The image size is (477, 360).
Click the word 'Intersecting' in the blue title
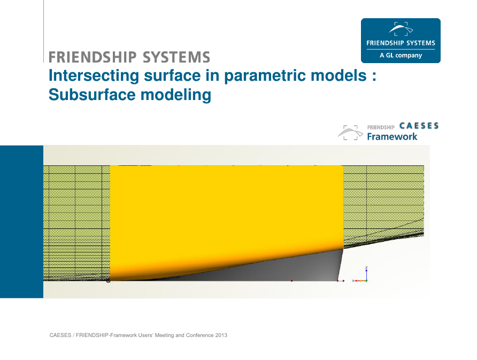[x=94, y=75]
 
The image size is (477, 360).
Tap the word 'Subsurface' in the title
[x=92, y=95]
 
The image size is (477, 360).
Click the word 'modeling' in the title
[x=176, y=95]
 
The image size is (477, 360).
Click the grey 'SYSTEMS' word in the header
[x=176, y=57]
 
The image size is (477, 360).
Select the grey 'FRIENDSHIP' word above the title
[x=93, y=57]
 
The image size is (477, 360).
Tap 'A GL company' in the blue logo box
[x=401, y=56]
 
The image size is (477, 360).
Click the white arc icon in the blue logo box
[x=401, y=28]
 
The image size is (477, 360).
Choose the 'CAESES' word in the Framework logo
[x=419, y=126]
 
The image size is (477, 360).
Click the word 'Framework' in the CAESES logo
[x=392, y=136]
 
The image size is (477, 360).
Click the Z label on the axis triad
[x=366, y=268]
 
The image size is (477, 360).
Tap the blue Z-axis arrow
[x=366, y=275]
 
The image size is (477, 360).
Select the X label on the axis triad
[x=353, y=281]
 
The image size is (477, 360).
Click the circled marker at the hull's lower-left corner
[x=109, y=281]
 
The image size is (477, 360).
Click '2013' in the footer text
[x=221, y=335]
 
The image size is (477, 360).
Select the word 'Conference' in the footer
[x=199, y=335]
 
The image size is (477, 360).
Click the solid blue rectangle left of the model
[x=21, y=221]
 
